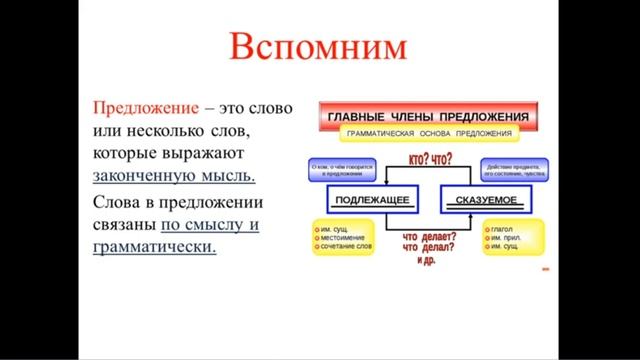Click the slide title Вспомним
pos(318,47)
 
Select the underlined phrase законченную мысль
pos(174,174)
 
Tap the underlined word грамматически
pos(154,246)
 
